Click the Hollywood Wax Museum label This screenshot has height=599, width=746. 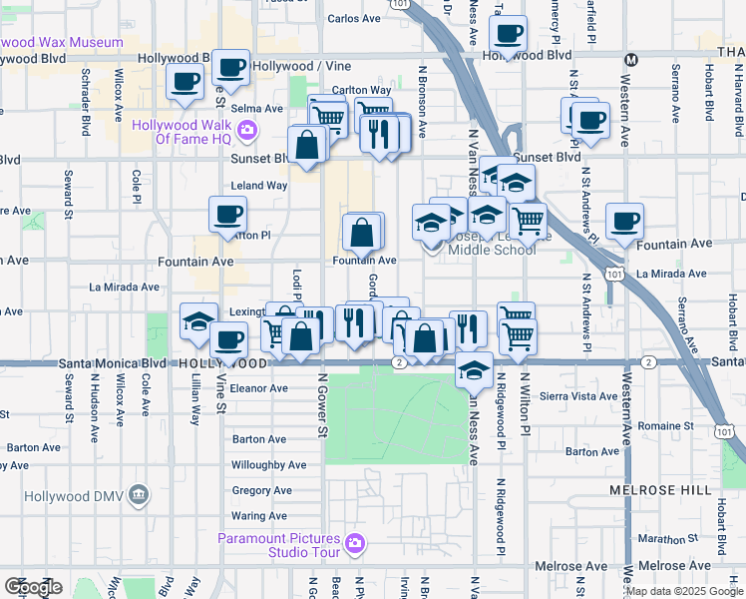point(62,43)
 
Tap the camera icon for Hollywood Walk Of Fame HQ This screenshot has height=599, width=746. point(246,130)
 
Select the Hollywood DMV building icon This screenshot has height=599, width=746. point(139,494)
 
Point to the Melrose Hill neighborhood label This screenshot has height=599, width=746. point(660,490)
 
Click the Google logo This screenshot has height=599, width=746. point(33,587)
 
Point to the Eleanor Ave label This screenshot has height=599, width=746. point(258,388)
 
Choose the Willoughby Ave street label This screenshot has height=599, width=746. point(268,465)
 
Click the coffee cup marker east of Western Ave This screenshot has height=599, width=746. point(624,223)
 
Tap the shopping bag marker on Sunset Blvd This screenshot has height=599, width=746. point(307,146)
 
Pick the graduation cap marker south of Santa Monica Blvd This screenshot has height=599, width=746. point(473,370)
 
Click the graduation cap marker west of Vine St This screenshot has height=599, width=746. point(199,321)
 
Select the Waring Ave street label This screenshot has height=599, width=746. point(258,516)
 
